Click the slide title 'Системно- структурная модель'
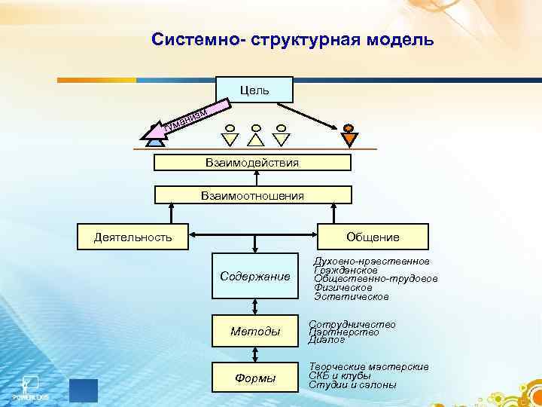pyautogui.click(x=292, y=39)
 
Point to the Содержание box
pyautogui.click(x=255, y=277)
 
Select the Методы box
pyautogui.click(x=255, y=331)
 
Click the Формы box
pyautogui.click(x=255, y=377)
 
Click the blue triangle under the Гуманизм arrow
pyautogui.click(x=155, y=138)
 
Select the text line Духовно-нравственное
pyautogui.click(x=371, y=261)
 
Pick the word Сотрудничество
pyautogui.click(x=352, y=323)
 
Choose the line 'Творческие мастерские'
pyautogui.click(x=369, y=366)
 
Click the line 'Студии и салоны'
pyautogui.click(x=352, y=384)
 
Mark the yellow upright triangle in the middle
pyautogui.click(x=256, y=139)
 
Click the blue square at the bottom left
pyautogui.click(x=83, y=390)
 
